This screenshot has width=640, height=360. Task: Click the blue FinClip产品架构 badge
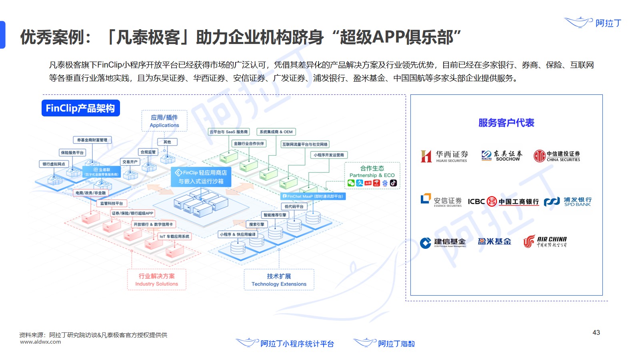[x=80, y=108]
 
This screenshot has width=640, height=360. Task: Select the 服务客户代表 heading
[x=506, y=123]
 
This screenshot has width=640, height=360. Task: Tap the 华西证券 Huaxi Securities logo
[x=444, y=156]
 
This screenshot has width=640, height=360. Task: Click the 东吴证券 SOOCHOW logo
[x=502, y=156]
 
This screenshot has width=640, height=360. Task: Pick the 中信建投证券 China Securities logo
[x=557, y=156]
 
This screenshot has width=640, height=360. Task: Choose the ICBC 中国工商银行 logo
[x=503, y=202]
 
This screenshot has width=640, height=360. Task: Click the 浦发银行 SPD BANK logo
[x=568, y=201]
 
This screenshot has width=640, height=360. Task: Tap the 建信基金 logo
[x=443, y=242]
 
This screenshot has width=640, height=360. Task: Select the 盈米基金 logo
[x=494, y=242]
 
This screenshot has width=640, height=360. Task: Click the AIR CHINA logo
[x=545, y=242]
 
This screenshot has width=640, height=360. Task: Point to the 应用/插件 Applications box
[x=164, y=121]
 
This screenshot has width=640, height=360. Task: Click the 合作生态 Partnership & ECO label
[x=372, y=172]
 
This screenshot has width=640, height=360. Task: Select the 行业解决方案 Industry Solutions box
[x=156, y=280]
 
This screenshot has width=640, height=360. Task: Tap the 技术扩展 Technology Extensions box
[x=279, y=280]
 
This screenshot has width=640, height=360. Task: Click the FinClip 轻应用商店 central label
[x=201, y=177]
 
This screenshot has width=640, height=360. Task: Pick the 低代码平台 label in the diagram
[x=294, y=206]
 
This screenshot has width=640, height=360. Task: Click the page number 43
[x=596, y=332]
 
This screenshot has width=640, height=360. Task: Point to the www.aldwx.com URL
[x=40, y=342]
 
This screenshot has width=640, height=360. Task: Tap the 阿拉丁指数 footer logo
[x=384, y=343]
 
